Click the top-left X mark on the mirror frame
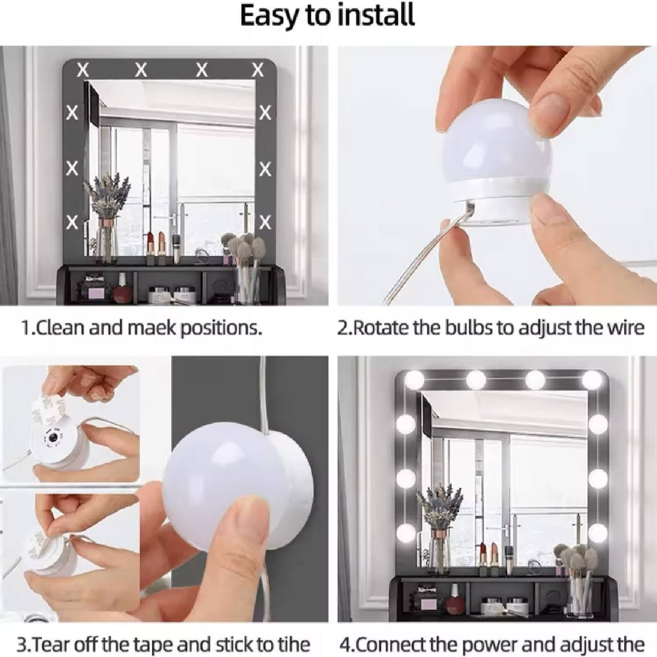coord(83,70)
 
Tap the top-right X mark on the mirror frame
coord(258,70)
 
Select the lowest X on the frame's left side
coord(72,222)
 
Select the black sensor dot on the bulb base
coord(52,438)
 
